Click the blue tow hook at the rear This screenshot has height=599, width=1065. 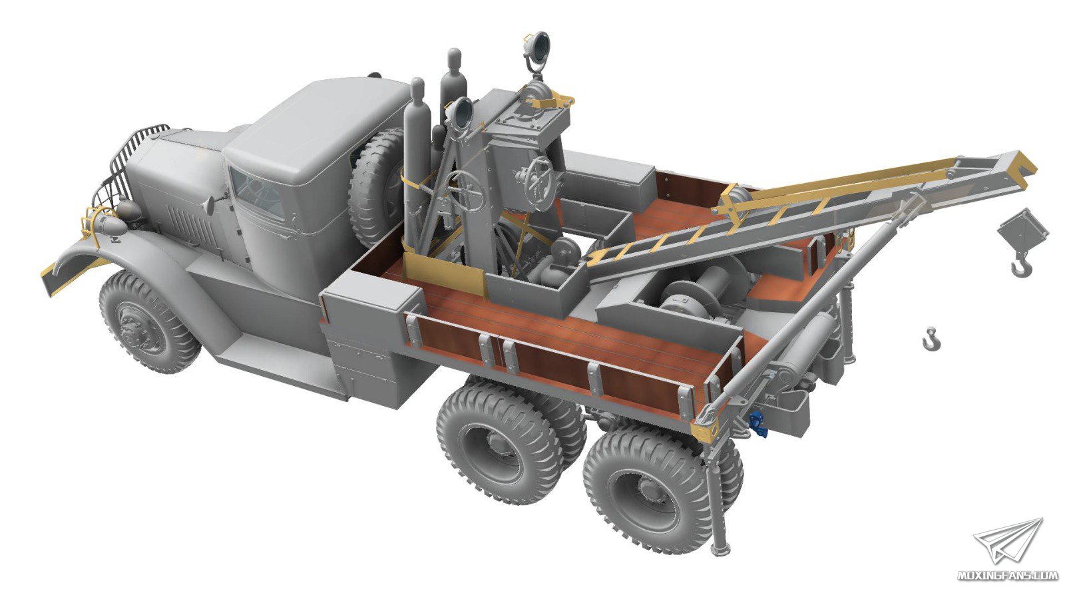(x=757, y=424)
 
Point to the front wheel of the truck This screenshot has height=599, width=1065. (x=149, y=321)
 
